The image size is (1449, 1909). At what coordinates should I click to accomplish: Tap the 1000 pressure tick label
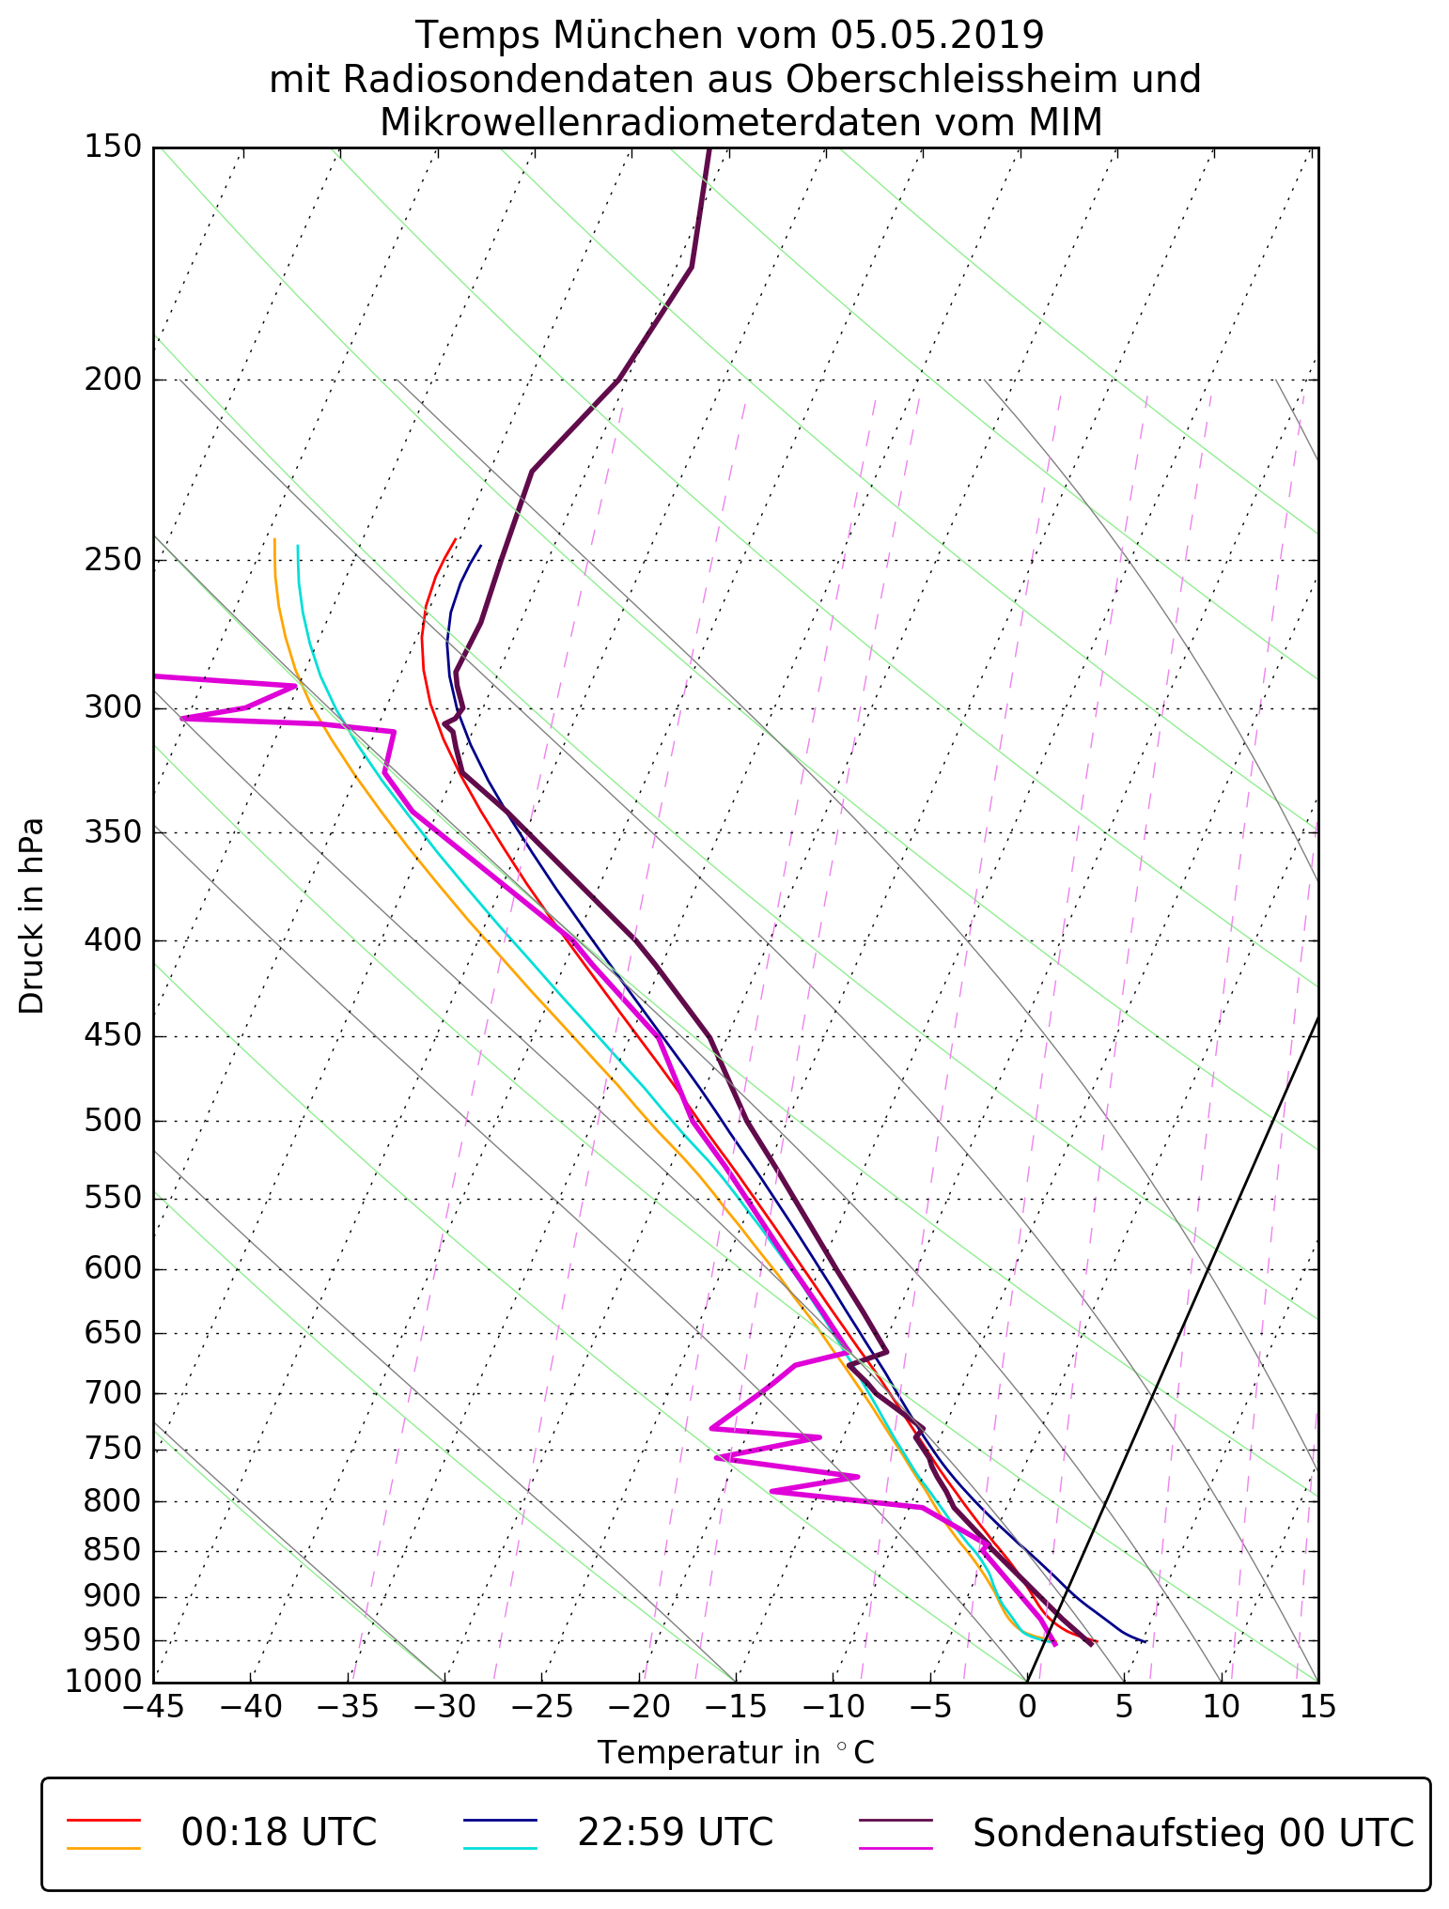[103, 1681]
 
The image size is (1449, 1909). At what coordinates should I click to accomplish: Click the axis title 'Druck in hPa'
[32, 916]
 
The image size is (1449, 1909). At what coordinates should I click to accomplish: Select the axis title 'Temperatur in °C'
[736, 1753]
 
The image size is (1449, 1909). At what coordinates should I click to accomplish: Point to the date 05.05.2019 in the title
[937, 36]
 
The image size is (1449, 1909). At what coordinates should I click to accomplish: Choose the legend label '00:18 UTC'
[279, 1832]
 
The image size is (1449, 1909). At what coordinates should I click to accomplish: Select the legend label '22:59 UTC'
[675, 1832]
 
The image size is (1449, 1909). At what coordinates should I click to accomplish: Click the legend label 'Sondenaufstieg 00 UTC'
[1192, 1832]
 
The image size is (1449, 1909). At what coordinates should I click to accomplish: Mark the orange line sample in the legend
[103, 1848]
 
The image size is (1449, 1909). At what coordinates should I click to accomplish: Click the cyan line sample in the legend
[499, 1848]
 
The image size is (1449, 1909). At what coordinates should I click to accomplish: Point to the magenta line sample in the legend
[896, 1848]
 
